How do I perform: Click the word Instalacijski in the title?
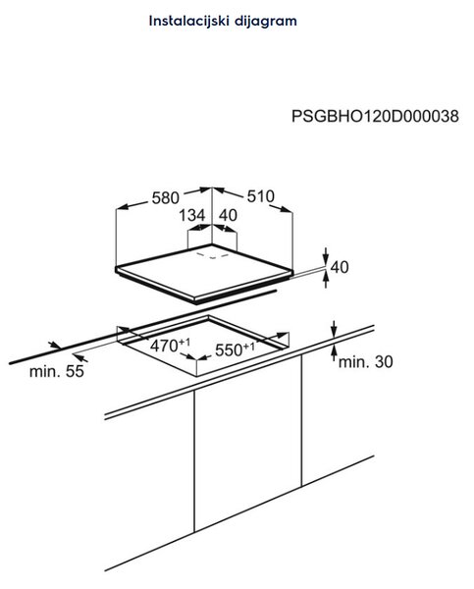(x=189, y=21)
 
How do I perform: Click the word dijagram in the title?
(x=266, y=22)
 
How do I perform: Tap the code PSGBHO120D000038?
(x=375, y=116)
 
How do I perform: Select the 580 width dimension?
(x=165, y=197)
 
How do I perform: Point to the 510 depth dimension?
(x=261, y=196)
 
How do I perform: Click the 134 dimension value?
(x=192, y=215)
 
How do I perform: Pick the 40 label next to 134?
(x=228, y=215)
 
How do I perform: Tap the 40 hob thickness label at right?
(x=340, y=267)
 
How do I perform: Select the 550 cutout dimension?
(x=235, y=349)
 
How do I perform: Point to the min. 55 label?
(x=57, y=371)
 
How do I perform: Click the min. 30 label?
(x=366, y=361)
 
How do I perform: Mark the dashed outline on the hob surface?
(x=213, y=255)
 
